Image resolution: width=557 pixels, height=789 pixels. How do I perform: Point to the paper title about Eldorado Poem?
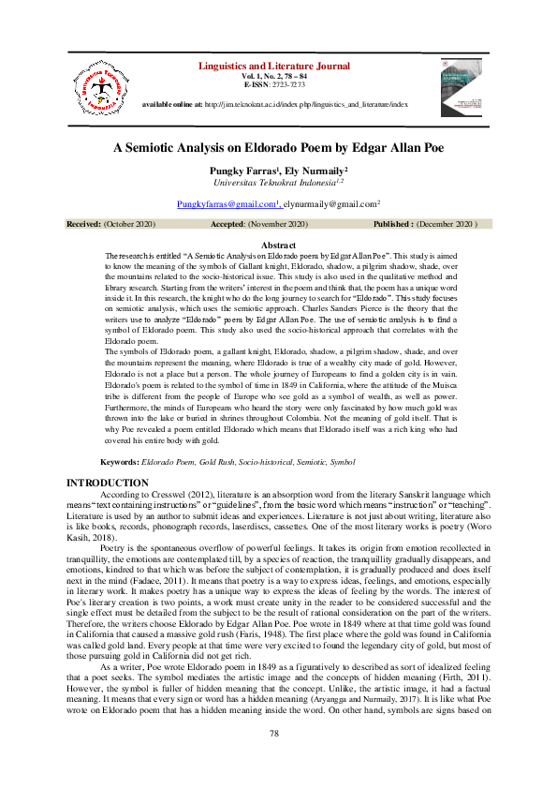point(279,148)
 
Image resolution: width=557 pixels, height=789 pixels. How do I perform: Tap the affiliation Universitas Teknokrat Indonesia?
point(277,184)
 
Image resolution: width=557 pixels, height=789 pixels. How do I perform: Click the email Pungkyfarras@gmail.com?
point(228,203)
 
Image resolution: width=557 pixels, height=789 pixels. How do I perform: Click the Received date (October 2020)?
point(129,225)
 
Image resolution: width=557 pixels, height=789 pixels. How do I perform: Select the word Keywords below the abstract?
point(120,463)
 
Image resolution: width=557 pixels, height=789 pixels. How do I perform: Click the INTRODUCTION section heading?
point(109,482)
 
